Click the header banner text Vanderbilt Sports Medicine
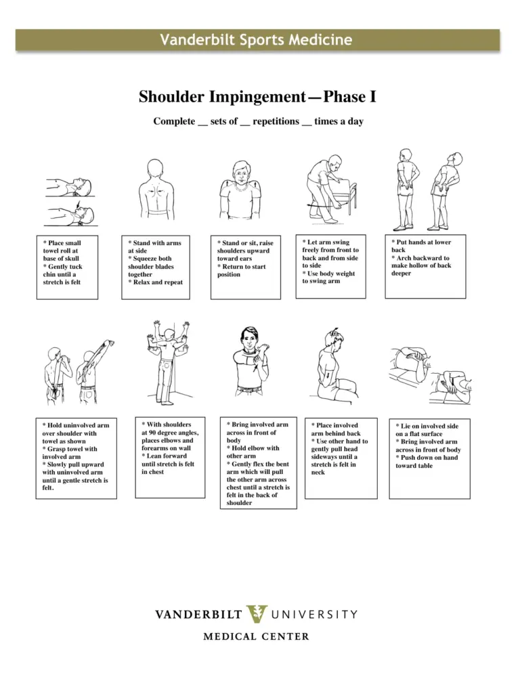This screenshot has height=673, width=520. pyautogui.click(x=256, y=40)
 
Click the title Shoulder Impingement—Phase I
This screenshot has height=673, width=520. pyautogui.click(x=257, y=98)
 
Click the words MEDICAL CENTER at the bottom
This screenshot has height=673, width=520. pyautogui.click(x=257, y=636)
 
